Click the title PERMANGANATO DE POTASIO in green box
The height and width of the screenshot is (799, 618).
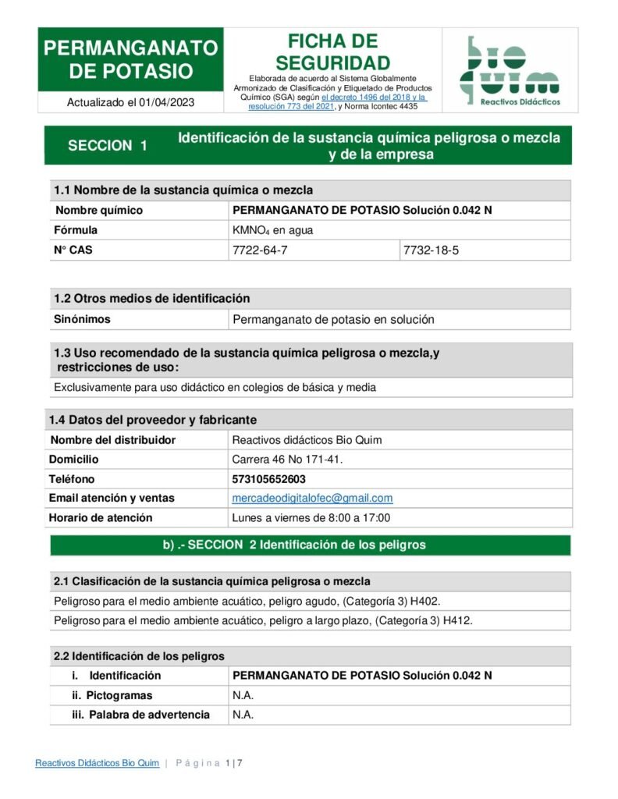(x=131, y=60)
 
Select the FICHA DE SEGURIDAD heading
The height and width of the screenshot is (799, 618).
(x=332, y=52)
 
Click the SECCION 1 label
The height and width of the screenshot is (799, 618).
(x=108, y=145)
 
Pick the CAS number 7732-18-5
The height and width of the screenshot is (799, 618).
(x=429, y=250)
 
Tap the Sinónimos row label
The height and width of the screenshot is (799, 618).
(x=82, y=319)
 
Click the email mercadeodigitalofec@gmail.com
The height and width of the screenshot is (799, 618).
(x=312, y=498)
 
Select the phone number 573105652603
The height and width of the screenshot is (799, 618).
(x=269, y=479)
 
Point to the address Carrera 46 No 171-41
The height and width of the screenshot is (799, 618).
(x=287, y=460)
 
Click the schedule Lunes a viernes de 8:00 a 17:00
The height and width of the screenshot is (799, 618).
(x=311, y=517)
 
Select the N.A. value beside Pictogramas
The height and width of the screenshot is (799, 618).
(x=243, y=695)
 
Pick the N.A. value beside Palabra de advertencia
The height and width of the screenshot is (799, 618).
(x=243, y=715)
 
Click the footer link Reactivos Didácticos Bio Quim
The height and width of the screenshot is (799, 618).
(x=97, y=763)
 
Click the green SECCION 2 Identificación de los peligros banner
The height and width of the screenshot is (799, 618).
(x=310, y=545)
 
